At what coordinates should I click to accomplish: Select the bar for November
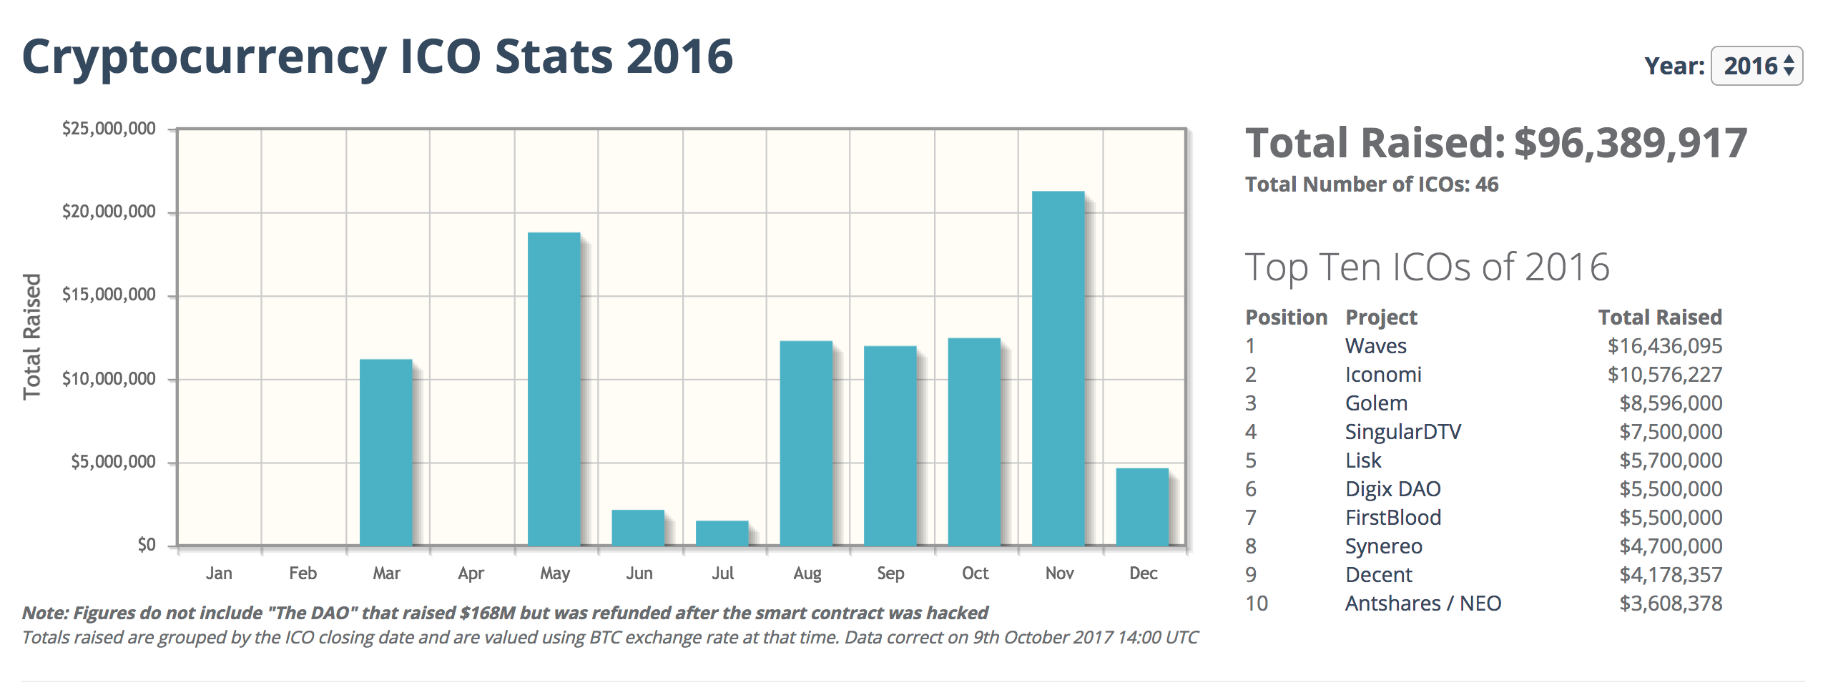coord(1058,368)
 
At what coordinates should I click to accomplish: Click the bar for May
coord(554,389)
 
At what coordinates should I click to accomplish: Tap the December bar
coord(1142,507)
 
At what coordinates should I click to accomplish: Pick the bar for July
coord(722,533)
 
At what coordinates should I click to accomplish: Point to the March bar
coord(385,452)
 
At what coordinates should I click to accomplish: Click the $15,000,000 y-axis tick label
coord(109,295)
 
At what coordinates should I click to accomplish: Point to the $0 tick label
coord(147,545)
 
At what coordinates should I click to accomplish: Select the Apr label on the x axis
coord(471,573)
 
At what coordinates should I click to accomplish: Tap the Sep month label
coord(890,573)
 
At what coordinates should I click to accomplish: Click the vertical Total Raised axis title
coord(32,336)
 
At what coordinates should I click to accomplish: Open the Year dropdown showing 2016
coord(1756,66)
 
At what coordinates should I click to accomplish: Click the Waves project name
coord(1375,346)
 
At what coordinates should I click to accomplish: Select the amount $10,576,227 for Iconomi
coord(1664,375)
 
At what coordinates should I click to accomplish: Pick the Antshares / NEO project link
coord(1422,603)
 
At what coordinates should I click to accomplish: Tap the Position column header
coord(1286,317)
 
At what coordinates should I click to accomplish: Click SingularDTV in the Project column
coord(1402,432)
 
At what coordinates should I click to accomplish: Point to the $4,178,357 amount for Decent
coord(1670,575)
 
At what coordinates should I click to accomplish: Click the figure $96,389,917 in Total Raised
coord(1631,143)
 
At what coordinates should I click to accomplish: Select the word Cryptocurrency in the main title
coord(205,57)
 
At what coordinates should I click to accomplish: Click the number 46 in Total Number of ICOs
coord(1486,184)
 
